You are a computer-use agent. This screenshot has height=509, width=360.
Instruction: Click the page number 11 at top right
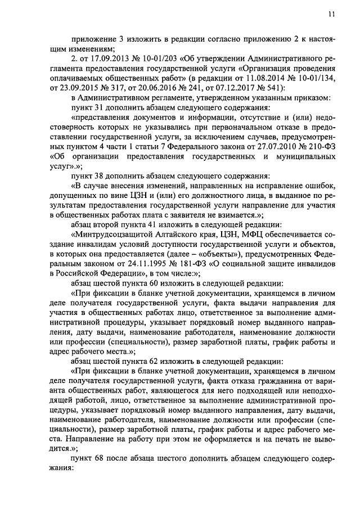click(332, 15)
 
